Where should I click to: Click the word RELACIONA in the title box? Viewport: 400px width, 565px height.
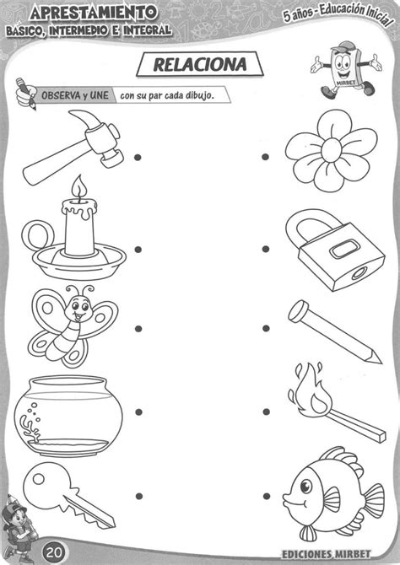pyautogui.click(x=200, y=65)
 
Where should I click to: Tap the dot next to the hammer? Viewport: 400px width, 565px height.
pyautogui.click(x=138, y=158)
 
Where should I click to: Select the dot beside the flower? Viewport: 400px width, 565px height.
pyautogui.click(x=266, y=157)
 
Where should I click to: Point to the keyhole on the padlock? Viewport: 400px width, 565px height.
pyautogui.click(x=359, y=273)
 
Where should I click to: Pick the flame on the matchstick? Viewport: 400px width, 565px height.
pyautogui.click(x=311, y=391)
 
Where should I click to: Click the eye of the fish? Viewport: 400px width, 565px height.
pyautogui.click(x=306, y=487)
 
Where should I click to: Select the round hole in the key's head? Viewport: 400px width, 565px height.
pyautogui.click(x=38, y=479)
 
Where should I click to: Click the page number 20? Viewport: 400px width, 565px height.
pyautogui.click(x=54, y=552)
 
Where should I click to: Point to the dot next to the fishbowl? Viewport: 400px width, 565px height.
pyautogui.click(x=138, y=412)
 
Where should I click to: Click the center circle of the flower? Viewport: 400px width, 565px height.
pyautogui.click(x=331, y=151)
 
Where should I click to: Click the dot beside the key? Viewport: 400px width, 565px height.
pyautogui.click(x=139, y=496)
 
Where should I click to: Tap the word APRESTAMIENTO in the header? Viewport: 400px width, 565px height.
pyautogui.click(x=94, y=13)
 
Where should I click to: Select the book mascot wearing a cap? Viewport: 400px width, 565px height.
pyautogui.click(x=345, y=70)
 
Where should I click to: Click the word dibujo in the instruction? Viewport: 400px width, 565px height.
pyautogui.click(x=200, y=96)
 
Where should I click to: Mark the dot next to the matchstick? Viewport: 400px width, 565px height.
pyautogui.click(x=267, y=412)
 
